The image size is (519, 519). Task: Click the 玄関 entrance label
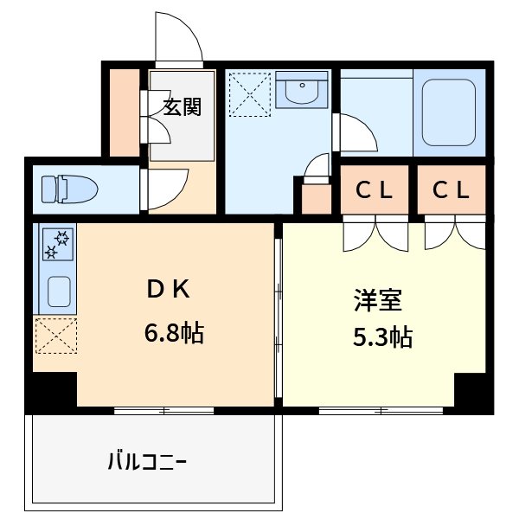point(182,107)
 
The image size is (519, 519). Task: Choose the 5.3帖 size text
point(381,336)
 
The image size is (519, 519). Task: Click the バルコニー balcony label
point(147,461)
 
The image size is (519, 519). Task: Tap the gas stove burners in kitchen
point(56,244)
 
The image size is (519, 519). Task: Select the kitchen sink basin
point(57,292)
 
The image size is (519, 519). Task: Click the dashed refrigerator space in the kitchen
point(55,336)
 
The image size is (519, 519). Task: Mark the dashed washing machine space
point(250,93)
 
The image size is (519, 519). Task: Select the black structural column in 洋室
point(472,392)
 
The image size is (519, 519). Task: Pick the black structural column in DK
point(51,390)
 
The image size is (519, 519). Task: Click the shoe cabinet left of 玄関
point(126,113)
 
